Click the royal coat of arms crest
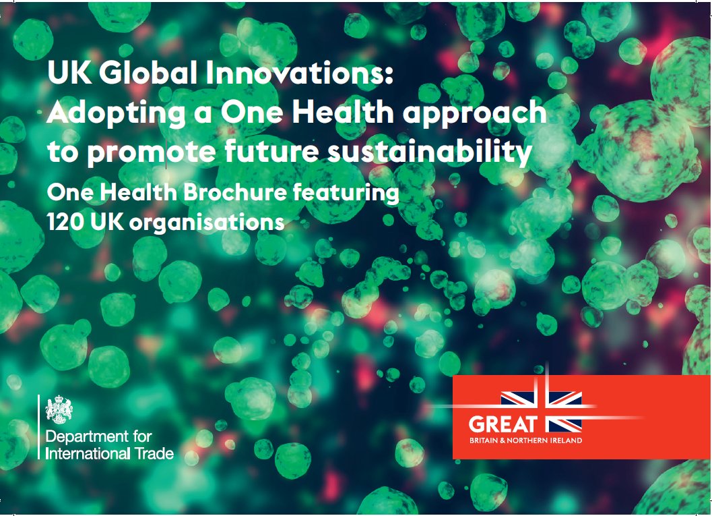point(59,409)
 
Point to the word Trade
point(154,453)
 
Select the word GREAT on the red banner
point(503,424)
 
